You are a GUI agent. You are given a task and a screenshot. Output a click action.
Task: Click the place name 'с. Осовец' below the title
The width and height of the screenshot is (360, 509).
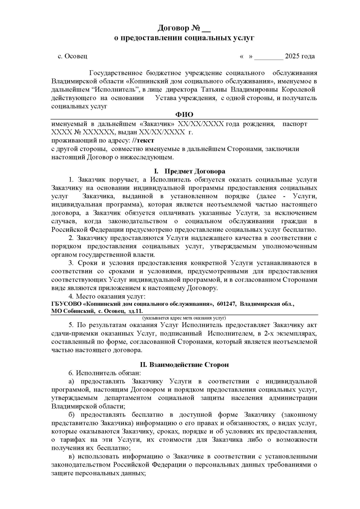(x=72, y=56)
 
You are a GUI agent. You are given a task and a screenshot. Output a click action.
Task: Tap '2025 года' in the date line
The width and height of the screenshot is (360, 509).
(x=300, y=56)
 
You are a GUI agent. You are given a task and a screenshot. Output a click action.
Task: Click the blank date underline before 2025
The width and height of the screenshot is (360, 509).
(x=268, y=57)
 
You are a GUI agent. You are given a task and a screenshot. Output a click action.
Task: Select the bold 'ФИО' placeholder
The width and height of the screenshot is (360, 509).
(x=184, y=115)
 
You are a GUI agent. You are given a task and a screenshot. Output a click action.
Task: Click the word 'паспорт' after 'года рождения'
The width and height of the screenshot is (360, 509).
(x=295, y=124)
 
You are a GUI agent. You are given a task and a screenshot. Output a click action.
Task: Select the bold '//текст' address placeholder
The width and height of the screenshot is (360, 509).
(x=143, y=140)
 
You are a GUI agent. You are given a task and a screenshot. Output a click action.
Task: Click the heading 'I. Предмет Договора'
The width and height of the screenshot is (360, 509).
(x=185, y=171)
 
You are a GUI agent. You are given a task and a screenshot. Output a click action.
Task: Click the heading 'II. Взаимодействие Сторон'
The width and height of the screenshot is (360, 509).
(x=184, y=365)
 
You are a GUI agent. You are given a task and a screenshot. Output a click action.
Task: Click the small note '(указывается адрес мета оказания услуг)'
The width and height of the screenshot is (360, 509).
(x=184, y=318)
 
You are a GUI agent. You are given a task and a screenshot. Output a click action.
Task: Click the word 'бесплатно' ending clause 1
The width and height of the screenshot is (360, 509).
(x=304, y=229)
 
